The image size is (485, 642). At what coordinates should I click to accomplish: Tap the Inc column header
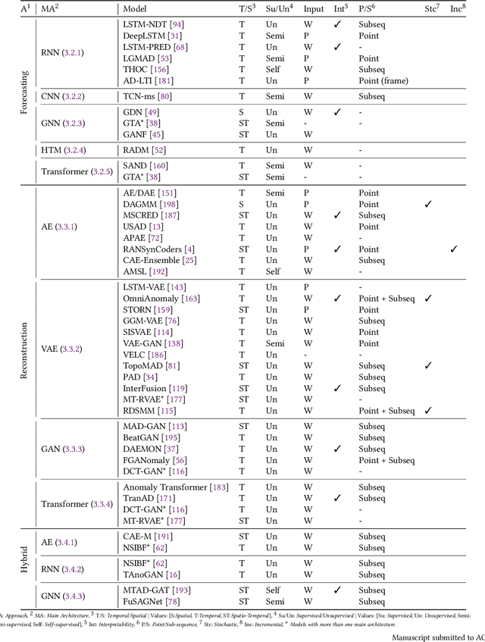click(458, 8)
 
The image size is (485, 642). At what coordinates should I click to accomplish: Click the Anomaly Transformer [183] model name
click(169, 486)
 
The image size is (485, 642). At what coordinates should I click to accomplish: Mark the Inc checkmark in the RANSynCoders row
click(455, 249)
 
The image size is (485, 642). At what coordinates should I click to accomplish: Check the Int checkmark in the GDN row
click(337, 112)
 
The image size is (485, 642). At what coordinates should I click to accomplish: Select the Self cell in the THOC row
click(274, 69)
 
